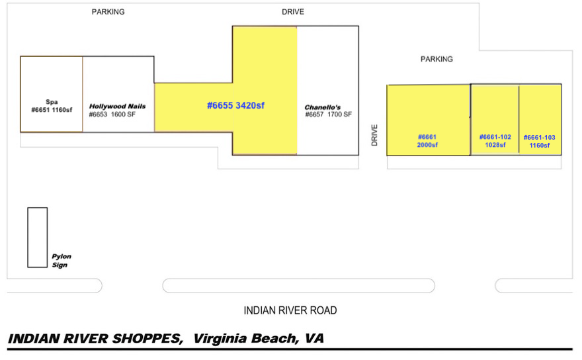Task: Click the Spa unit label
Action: coord(52,106)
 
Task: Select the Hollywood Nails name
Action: coord(117,107)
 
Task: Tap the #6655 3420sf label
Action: coord(235,105)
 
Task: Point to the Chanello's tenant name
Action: coord(323,107)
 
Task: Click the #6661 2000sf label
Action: coord(427,141)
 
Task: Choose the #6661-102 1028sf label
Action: coord(495,141)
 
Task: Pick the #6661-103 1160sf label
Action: coord(539,141)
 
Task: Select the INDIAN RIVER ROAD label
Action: coord(290,310)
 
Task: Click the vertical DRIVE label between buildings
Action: coord(374,135)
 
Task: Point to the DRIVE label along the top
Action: coord(293,12)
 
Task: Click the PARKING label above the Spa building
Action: coord(108,12)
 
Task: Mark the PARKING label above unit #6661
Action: coord(436,59)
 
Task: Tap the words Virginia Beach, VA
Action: coord(259,338)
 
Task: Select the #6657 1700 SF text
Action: coord(329,114)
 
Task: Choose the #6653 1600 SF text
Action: coord(112,114)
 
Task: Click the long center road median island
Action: coord(299,286)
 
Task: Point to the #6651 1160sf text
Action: coord(52,110)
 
